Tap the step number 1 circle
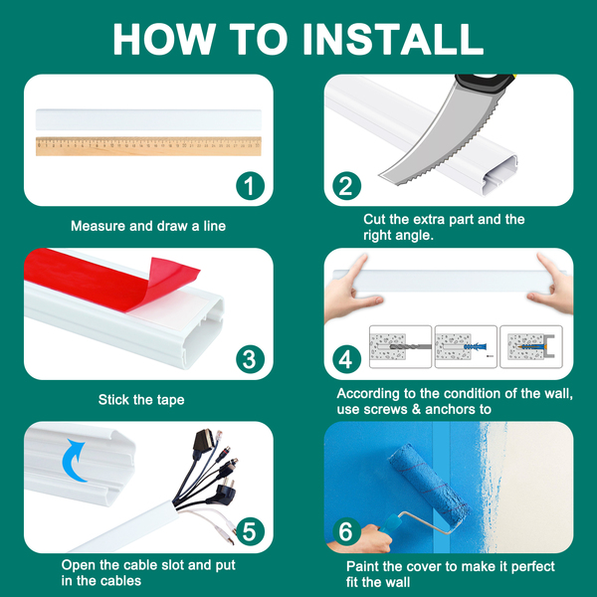click(x=250, y=186)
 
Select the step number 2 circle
click(x=346, y=186)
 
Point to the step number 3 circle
click(x=250, y=359)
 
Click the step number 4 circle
click(x=346, y=359)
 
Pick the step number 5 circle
click(x=250, y=531)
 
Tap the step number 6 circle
click(x=346, y=531)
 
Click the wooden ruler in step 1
click(x=148, y=146)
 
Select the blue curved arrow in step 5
click(x=75, y=460)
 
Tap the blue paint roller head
click(x=428, y=485)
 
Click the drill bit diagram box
click(x=400, y=346)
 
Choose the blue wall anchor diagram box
click(x=466, y=346)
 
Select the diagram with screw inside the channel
click(x=530, y=346)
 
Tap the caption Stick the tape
click(x=141, y=400)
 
